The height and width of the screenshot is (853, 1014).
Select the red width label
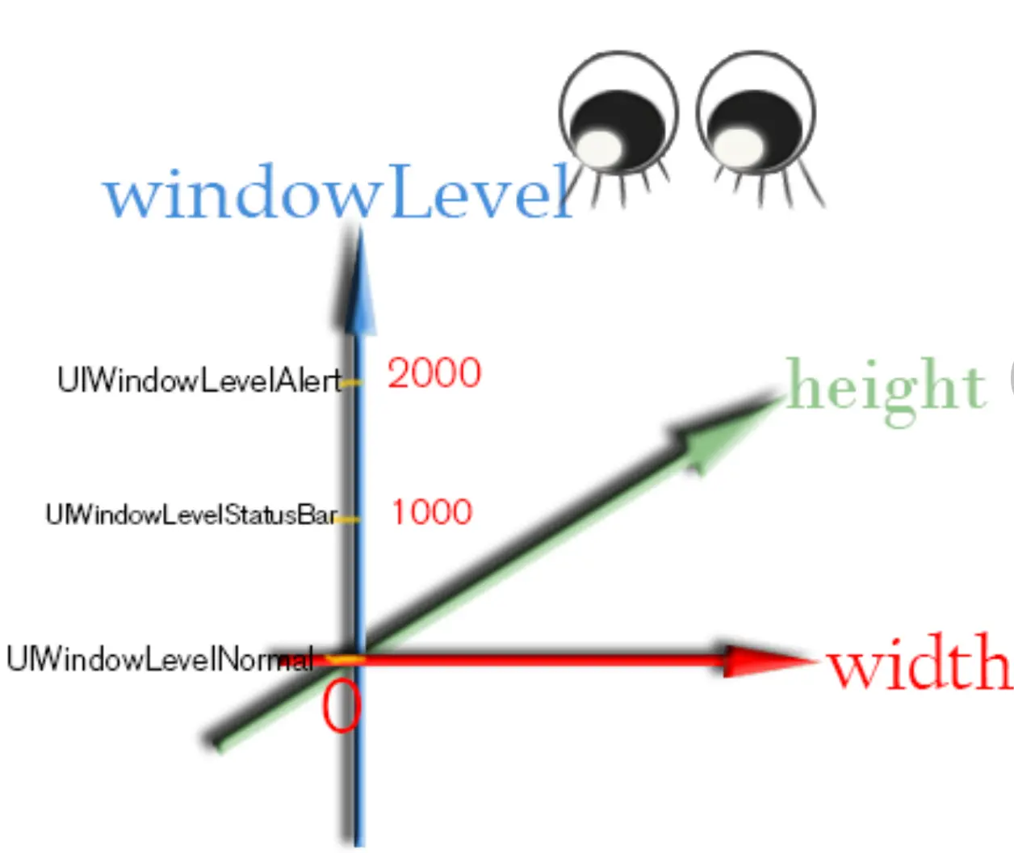point(919,662)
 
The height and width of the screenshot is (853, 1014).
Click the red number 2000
point(434,373)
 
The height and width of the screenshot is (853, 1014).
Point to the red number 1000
point(432,512)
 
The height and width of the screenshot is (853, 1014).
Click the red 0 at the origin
point(341,706)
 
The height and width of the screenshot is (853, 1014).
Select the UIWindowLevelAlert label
point(199,380)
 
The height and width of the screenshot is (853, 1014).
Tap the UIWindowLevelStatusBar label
point(191,515)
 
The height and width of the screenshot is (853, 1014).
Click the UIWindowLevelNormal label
point(159,660)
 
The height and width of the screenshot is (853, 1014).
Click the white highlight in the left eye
point(601,147)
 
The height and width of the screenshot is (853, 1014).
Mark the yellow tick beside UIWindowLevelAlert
point(350,383)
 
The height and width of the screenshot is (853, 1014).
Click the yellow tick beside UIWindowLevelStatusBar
point(347,519)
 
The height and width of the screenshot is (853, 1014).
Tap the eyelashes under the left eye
point(626,184)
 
